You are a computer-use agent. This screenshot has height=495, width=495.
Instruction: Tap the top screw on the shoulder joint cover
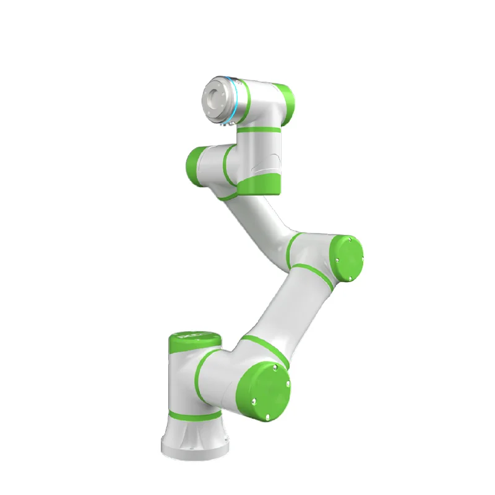(x=276, y=370)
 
